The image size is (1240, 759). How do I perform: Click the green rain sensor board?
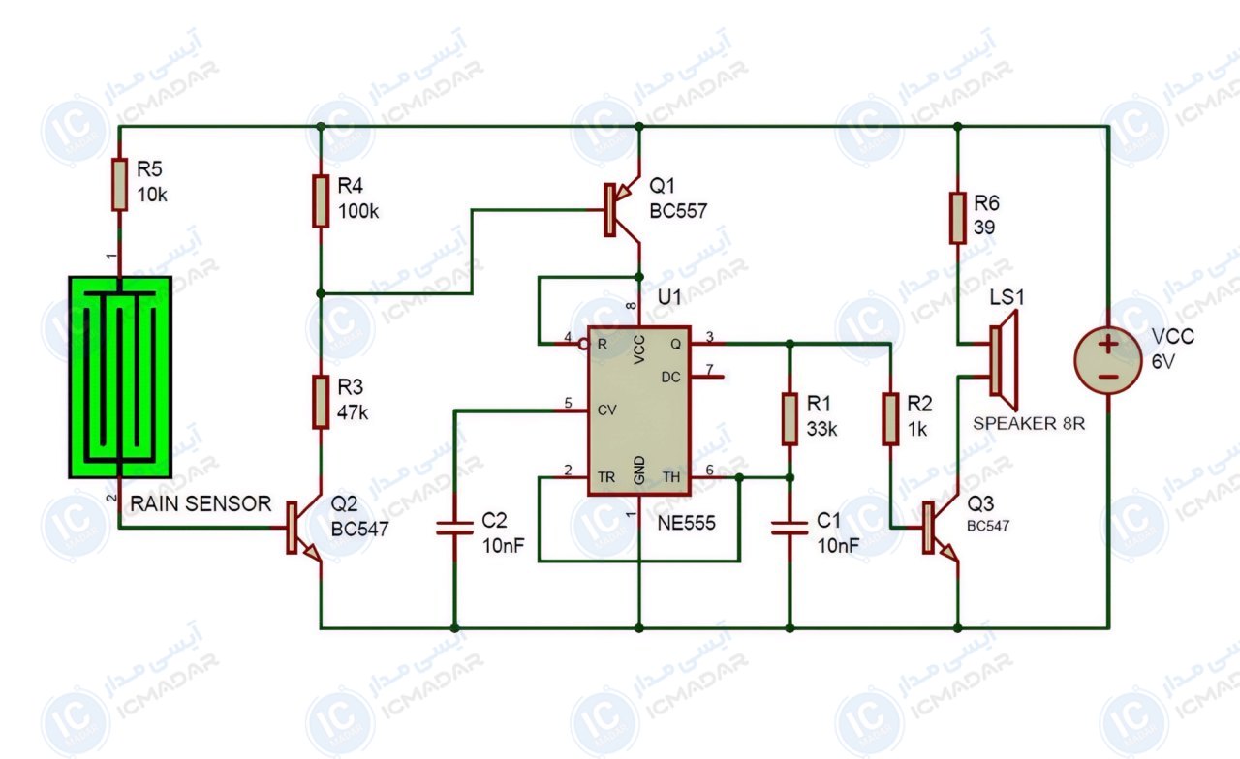tap(120, 377)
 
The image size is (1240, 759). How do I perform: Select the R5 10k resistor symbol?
tap(119, 184)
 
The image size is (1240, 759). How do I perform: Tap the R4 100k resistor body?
tap(321, 200)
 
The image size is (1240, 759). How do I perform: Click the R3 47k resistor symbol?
tap(321, 402)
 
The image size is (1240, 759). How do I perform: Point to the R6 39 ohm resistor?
tap(958, 218)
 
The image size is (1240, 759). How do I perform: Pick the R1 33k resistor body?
tap(790, 419)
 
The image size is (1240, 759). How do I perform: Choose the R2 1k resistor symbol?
tap(890, 419)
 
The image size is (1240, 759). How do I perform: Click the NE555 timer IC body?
tap(638, 410)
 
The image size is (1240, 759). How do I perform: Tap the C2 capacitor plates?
tap(454, 529)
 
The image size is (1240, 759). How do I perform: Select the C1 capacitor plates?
tap(790, 529)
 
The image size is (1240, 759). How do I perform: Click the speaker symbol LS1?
tap(1003, 360)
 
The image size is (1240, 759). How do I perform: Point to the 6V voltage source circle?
tap(1108, 360)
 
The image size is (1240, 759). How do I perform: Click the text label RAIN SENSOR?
tap(201, 503)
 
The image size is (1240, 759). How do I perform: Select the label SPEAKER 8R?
tap(1029, 424)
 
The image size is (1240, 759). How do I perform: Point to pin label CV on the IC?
tap(606, 410)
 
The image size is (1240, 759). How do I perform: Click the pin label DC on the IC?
tap(670, 378)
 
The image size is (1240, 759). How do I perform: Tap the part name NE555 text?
tap(686, 523)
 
